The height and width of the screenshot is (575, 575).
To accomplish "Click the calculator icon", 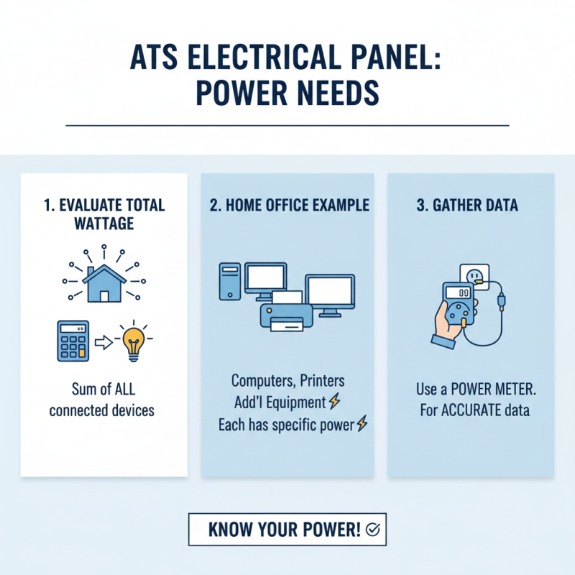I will click(73, 341).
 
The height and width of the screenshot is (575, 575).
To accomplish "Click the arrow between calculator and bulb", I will click(105, 343).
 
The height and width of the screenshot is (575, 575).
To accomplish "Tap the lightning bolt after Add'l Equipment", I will click(333, 402).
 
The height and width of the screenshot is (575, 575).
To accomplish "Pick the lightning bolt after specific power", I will click(362, 425).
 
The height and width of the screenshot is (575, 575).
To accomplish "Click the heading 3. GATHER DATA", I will click(467, 206).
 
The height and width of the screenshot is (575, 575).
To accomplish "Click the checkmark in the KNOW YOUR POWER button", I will click(373, 530).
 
